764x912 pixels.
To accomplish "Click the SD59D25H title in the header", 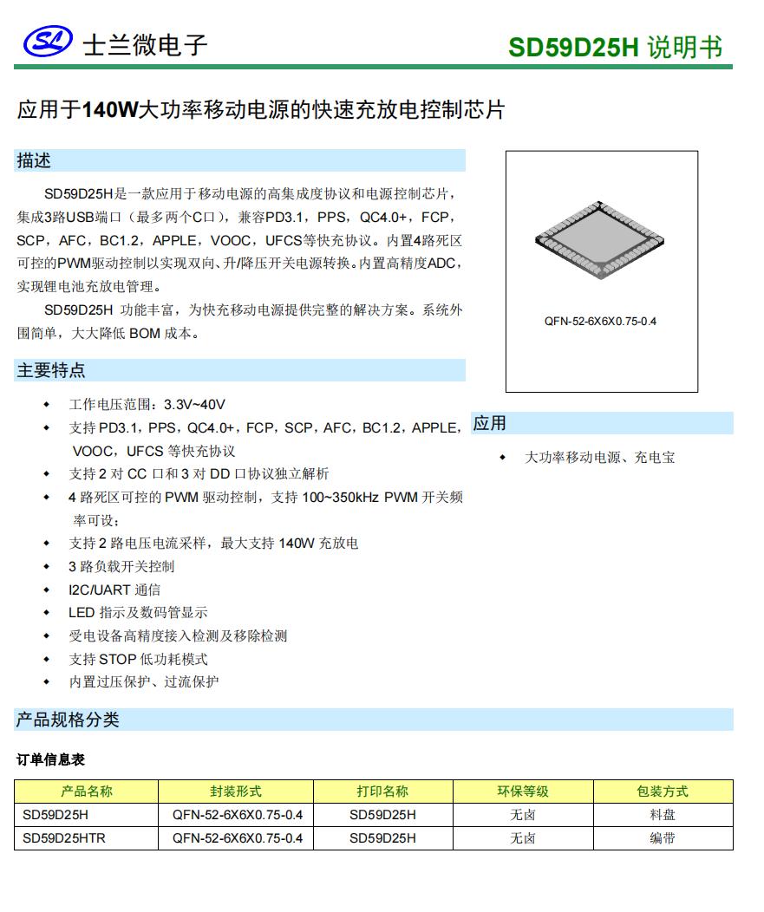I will point(573,47).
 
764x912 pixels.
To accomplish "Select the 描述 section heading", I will point(34,160).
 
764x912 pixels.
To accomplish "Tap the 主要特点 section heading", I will point(51,371).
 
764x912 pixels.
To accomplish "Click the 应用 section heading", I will point(489,423).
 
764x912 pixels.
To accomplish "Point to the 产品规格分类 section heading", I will point(68,720).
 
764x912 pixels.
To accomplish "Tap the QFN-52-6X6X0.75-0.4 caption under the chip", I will point(600,322).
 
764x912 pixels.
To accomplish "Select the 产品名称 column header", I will point(86,791).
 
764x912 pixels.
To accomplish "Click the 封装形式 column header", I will point(235,791).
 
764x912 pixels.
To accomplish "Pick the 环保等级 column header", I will point(522,791).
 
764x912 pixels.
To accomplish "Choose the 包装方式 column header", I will point(663,791).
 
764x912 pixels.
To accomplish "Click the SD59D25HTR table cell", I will point(64,838).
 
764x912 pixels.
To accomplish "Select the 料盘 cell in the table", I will point(663,815).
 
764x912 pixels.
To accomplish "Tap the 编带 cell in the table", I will point(663,838).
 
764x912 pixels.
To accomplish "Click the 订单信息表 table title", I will point(50,759).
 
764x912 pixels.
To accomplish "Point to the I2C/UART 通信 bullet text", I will point(114,590).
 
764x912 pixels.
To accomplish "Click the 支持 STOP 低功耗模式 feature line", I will point(138,659).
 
